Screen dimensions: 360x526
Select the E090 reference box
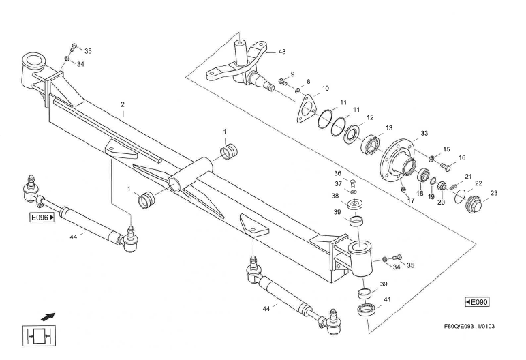tap(476, 301)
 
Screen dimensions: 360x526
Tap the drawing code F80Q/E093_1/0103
tap(469, 325)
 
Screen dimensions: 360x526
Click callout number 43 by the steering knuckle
tap(282, 52)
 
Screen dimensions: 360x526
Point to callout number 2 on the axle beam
tap(123, 105)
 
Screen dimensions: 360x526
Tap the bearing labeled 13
tap(370, 144)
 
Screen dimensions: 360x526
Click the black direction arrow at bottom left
tap(48, 316)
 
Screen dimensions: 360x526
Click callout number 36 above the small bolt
tap(337, 172)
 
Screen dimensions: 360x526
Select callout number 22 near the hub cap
tap(478, 183)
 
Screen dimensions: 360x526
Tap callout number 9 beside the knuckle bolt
tap(292, 74)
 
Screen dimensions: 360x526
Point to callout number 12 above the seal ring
tap(370, 117)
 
